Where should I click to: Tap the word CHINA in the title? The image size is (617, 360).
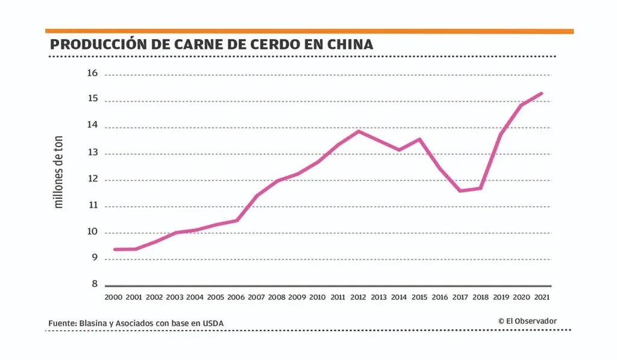(x=351, y=45)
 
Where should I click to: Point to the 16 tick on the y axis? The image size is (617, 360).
(x=92, y=74)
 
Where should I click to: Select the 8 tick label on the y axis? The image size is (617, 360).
(x=94, y=283)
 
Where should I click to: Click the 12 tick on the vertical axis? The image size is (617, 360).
(x=92, y=180)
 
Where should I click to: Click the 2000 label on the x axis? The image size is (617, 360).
(x=113, y=297)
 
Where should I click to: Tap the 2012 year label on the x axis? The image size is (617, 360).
(x=359, y=297)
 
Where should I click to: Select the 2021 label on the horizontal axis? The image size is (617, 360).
(x=542, y=297)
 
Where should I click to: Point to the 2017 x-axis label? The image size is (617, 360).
(x=460, y=297)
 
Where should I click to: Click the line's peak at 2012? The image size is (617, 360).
(x=359, y=131)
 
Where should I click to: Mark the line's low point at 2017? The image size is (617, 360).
(x=460, y=191)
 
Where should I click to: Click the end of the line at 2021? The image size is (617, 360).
(x=542, y=93)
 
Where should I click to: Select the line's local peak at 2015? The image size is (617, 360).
(x=419, y=139)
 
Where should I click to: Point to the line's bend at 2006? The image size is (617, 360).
(x=237, y=220)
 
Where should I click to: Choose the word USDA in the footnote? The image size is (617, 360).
(x=213, y=324)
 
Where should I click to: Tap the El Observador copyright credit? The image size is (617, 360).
(x=527, y=321)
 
